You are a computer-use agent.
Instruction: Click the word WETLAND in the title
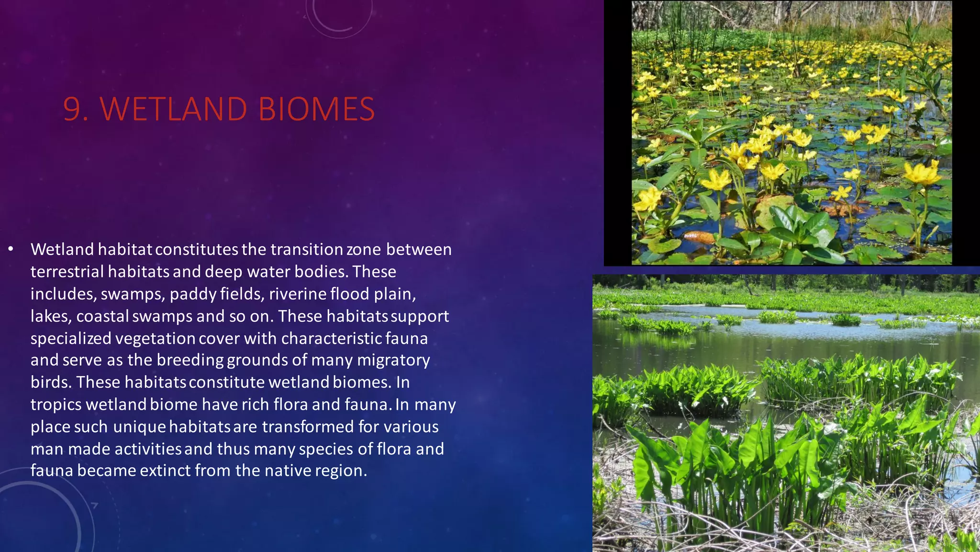[x=173, y=109]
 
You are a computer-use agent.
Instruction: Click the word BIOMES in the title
[x=316, y=109]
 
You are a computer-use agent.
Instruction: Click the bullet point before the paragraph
[x=11, y=249]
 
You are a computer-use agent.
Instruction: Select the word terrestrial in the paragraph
[x=67, y=272]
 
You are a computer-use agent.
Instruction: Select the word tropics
[x=56, y=404]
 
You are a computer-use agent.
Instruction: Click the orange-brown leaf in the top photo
[x=699, y=236]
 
